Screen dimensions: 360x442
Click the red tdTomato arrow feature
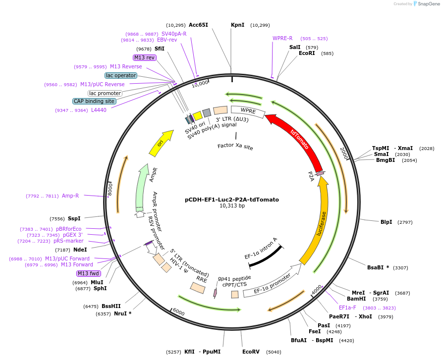tap(296, 140)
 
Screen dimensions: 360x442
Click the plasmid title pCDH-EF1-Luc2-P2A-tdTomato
tap(232, 200)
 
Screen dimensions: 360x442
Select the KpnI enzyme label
tap(237, 25)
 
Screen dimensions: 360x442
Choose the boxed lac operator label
tap(120, 75)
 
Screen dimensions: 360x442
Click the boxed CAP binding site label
tap(94, 101)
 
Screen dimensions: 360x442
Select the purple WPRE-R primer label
tap(282, 38)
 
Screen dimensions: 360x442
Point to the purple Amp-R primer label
tap(70, 196)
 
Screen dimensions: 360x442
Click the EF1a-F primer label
tap(347, 308)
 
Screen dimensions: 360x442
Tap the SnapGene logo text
tap(427, 4)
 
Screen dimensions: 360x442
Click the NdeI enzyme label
tap(80, 250)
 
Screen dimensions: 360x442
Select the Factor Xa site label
tap(235, 147)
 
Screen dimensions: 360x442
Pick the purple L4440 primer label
tap(99, 110)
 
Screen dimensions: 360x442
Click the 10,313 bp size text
tap(232, 206)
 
